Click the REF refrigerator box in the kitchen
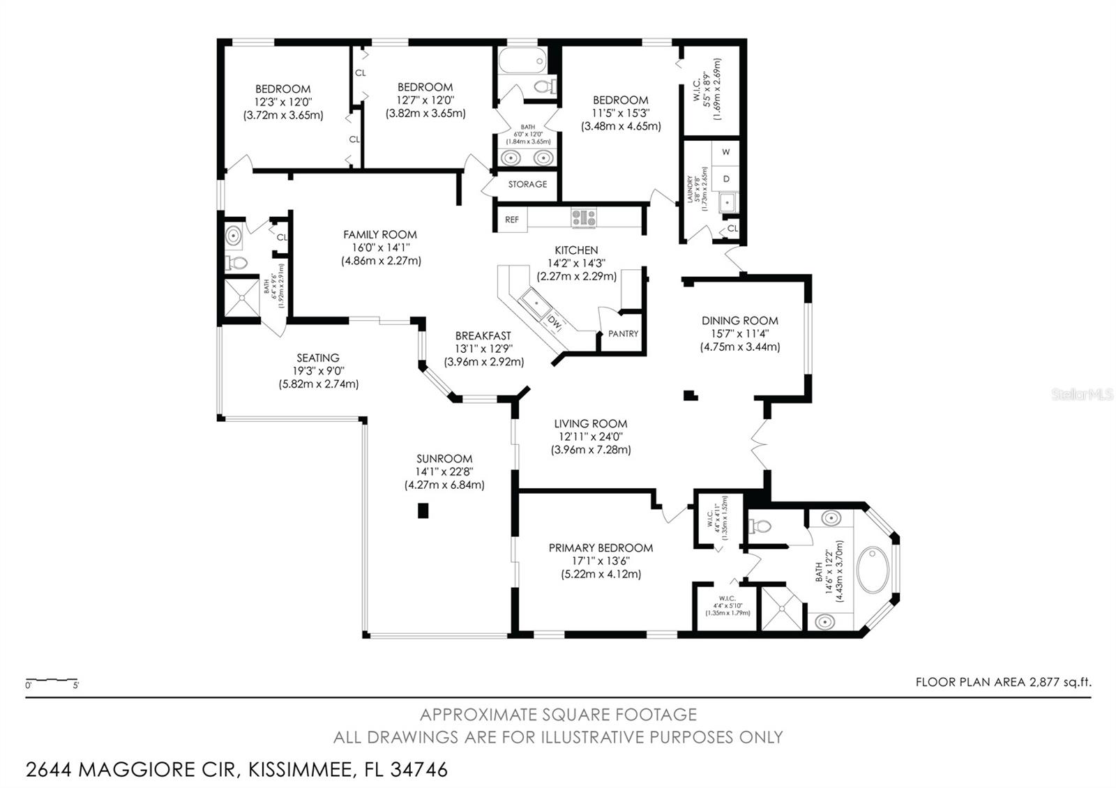[511, 219]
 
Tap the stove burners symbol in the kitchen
[584, 218]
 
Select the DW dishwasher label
[555, 323]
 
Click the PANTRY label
[623, 333]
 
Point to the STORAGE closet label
[527, 184]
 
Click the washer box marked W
[726, 152]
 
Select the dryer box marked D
[726, 179]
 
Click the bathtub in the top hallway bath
[522, 61]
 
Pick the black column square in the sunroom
[423, 511]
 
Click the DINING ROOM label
[739, 321]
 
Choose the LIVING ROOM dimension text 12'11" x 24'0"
[590, 437]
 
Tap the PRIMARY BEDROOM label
[601, 548]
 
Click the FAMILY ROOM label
[379, 235]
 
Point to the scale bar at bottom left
[52, 680]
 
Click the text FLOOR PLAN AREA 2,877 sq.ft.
[1003, 682]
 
